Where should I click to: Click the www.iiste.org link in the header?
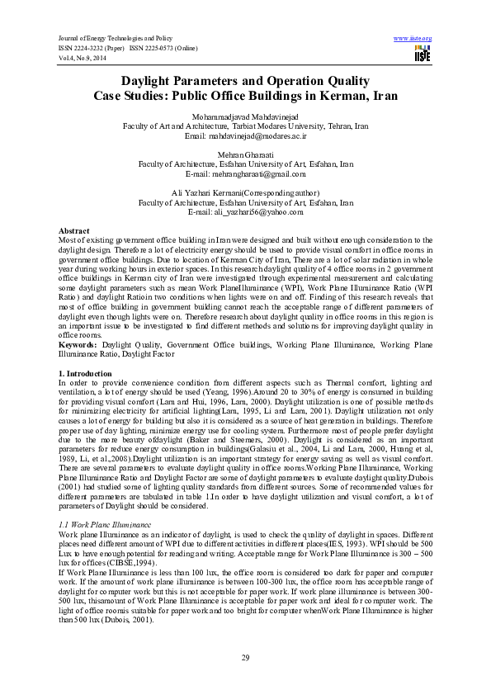(x=413, y=39)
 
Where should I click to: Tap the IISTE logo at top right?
(x=423, y=54)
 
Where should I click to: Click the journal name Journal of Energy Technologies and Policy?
(x=114, y=39)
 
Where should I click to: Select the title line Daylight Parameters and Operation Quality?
(x=245, y=80)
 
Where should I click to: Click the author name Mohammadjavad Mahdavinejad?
(x=245, y=117)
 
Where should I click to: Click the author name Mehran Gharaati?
(x=245, y=155)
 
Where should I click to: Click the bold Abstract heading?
(x=75, y=230)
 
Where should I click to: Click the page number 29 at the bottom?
(x=245, y=657)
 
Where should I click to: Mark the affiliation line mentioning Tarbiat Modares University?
(x=245, y=126)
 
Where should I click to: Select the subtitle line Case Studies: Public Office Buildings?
(x=245, y=96)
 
